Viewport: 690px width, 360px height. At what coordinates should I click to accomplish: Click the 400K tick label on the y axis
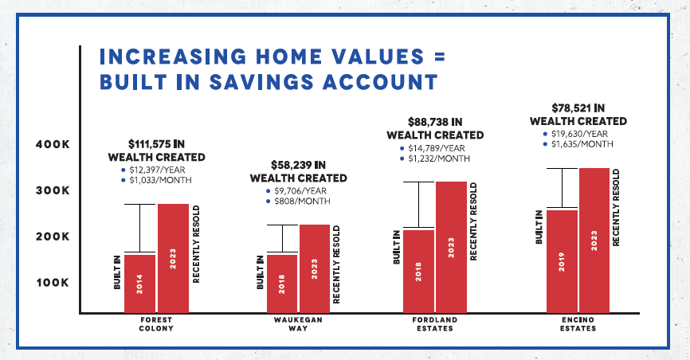53,144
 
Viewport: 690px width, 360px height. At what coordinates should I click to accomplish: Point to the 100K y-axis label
53,283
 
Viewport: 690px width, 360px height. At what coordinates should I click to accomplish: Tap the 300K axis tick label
53,190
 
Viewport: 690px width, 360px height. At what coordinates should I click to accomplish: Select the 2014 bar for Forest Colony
139,284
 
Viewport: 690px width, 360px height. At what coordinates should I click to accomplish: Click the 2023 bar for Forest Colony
173,258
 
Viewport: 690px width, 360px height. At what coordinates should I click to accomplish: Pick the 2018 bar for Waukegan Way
282,284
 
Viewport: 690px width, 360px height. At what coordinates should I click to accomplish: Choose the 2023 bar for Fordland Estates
451,248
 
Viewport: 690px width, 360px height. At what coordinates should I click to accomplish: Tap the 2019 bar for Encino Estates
562,261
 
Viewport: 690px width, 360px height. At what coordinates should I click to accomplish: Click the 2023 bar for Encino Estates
594,241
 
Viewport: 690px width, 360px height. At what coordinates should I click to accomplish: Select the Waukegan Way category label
298,324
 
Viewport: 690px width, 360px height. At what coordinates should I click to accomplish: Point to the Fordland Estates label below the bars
435,324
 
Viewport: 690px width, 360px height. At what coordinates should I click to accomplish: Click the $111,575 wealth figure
150,144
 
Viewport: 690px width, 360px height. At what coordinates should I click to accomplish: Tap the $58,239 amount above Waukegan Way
292,165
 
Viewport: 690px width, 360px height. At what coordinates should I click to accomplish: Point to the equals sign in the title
440,57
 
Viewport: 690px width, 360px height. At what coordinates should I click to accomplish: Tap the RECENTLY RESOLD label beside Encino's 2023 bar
616,208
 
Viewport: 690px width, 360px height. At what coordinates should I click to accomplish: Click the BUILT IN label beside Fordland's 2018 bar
397,248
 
